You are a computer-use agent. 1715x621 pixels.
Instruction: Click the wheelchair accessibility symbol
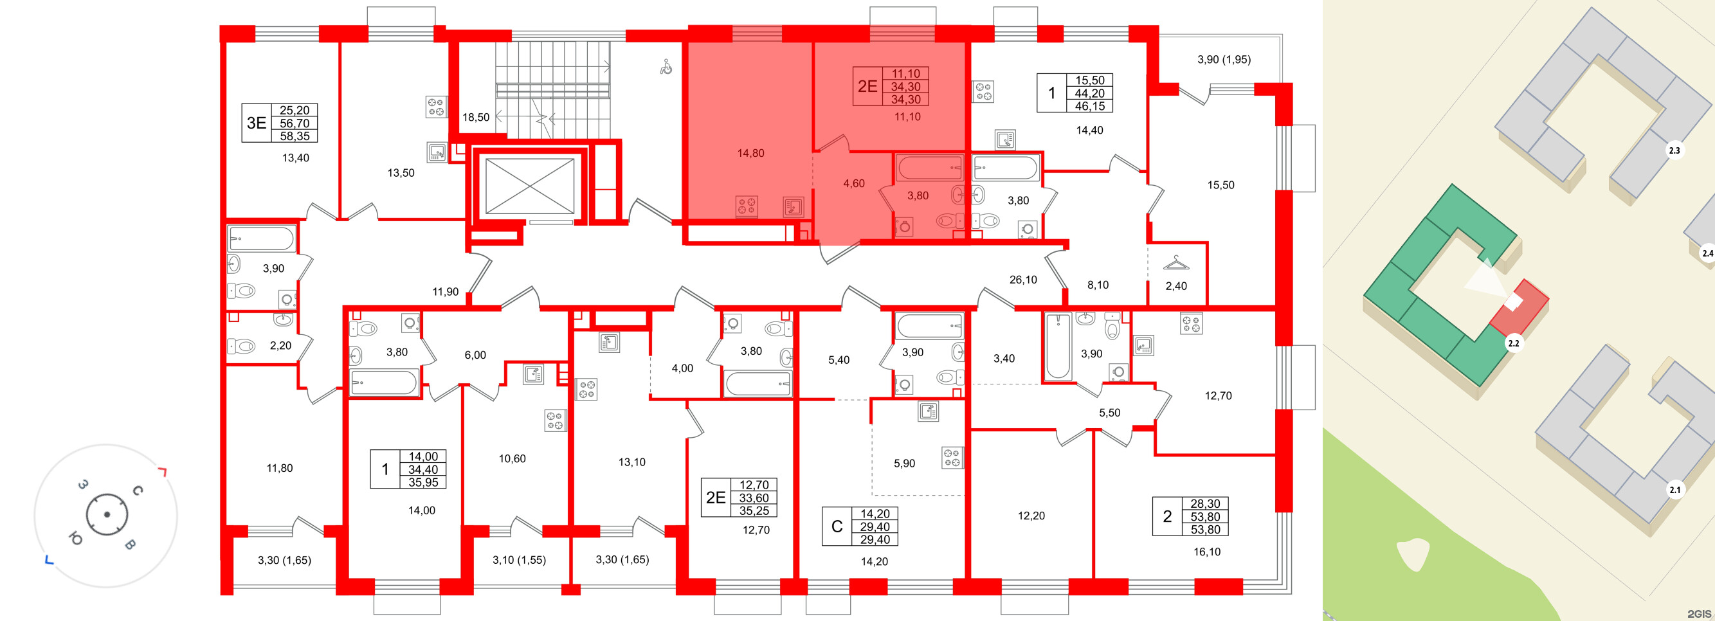[x=666, y=67]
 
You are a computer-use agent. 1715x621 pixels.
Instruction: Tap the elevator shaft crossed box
[x=529, y=186]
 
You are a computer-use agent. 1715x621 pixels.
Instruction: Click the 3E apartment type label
[x=257, y=123]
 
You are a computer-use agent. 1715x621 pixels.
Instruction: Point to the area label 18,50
[x=476, y=117]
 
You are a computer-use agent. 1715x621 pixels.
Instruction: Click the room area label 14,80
[x=750, y=153]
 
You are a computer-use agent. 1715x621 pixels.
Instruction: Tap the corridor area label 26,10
[x=1022, y=280]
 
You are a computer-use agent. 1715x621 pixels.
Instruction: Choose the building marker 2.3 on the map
[x=1674, y=150]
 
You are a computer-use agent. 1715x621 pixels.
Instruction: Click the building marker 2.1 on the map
[x=1674, y=490]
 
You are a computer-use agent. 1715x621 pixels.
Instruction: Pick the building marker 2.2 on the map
[x=1513, y=343]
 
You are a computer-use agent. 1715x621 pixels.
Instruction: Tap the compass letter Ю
[x=76, y=539]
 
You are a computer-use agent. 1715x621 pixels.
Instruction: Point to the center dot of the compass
[x=107, y=514]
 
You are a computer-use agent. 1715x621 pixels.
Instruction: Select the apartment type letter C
[x=837, y=526]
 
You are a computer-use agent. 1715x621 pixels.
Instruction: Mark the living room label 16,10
[x=1207, y=552]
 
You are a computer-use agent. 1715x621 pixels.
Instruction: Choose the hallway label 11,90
[x=446, y=291]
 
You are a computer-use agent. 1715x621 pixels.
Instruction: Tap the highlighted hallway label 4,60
[x=853, y=184]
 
